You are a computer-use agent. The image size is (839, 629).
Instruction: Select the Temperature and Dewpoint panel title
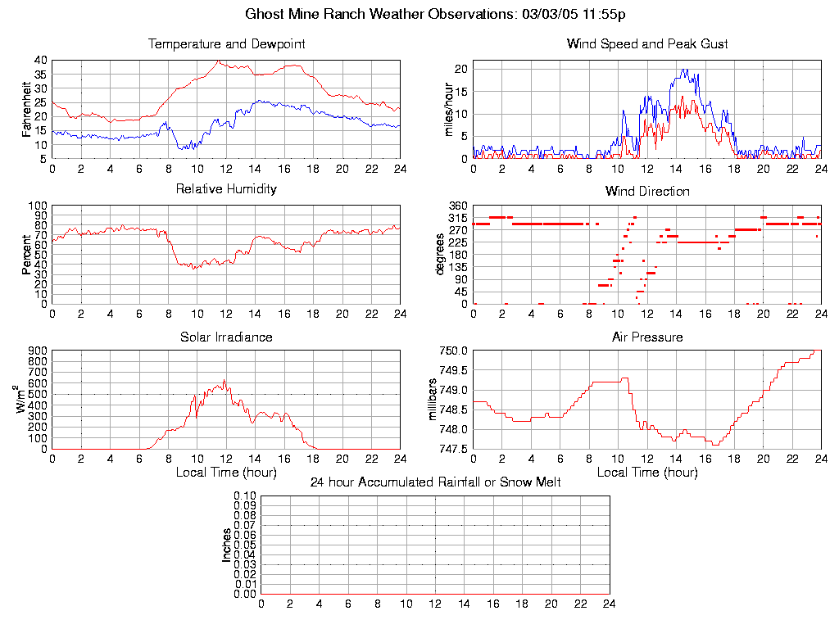click(x=226, y=44)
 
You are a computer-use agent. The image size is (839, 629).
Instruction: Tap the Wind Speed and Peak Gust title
click(x=646, y=44)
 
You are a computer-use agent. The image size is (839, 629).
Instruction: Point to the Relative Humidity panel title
click(x=226, y=189)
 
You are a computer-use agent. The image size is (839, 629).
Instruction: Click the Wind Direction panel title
click(x=646, y=192)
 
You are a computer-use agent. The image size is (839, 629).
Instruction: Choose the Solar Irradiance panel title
click(x=226, y=337)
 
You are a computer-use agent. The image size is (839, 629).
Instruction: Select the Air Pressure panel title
click(x=646, y=337)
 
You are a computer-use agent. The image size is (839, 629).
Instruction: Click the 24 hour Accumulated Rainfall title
click(x=435, y=482)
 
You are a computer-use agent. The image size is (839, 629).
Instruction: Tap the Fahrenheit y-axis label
click(x=27, y=109)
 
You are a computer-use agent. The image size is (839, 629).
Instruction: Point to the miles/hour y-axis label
click(x=447, y=109)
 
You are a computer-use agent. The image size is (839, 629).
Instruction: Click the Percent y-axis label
click(x=27, y=255)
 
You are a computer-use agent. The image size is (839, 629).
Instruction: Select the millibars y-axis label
click(x=435, y=400)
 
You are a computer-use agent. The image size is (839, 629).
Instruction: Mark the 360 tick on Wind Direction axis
click(x=458, y=206)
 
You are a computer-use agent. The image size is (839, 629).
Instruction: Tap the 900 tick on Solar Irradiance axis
click(x=38, y=351)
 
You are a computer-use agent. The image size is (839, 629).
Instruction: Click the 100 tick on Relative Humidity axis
click(x=38, y=206)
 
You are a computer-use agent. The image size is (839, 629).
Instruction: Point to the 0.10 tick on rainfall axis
click(x=245, y=496)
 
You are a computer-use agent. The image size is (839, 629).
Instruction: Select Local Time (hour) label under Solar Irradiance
click(x=226, y=472)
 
